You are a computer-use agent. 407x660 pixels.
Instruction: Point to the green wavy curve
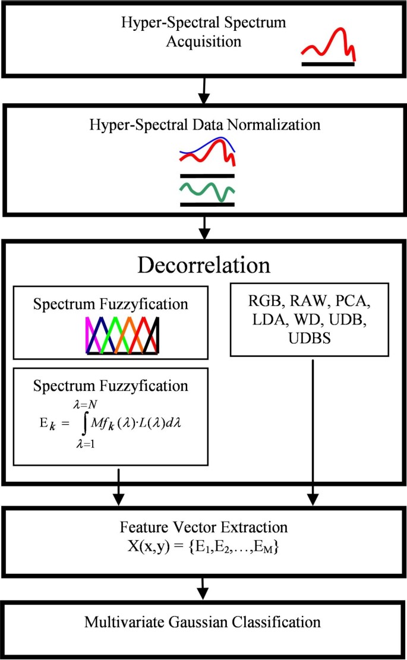coord(207,191)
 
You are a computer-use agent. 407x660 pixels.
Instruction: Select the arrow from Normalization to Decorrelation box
coord(204,226)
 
